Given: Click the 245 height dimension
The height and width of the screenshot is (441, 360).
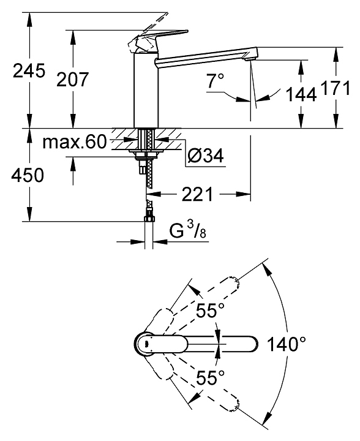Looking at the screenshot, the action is coord(29,70).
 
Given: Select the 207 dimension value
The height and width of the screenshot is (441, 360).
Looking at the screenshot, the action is coord(72,79).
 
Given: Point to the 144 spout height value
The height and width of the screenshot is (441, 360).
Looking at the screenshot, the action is coord(301,94).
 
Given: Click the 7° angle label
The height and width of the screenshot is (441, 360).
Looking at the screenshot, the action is coord(216,81).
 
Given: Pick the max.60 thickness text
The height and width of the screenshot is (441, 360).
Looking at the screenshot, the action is coord(75,141).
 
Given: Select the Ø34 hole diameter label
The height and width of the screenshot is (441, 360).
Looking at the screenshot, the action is coord(206,155).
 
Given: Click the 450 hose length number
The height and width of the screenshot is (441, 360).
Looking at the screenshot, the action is coord(28,175).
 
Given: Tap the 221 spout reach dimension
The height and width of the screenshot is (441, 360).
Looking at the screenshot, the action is coord(198,194).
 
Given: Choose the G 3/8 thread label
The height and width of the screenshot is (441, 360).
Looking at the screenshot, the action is coord(188,231).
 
